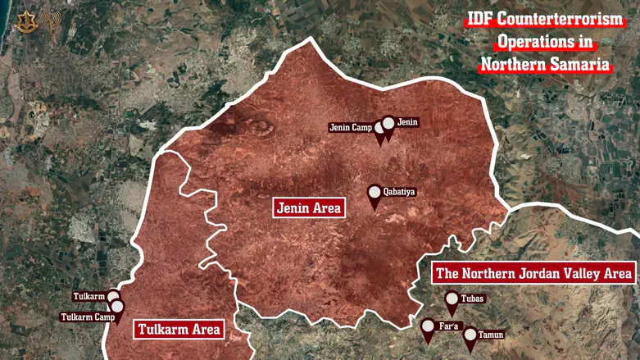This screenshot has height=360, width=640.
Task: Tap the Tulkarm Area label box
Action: tap(179, 330)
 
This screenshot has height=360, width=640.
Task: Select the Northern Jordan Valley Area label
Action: tap(533, 273)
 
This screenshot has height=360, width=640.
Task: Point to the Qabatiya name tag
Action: tap(400, 192)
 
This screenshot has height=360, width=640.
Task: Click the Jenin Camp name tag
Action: tap(351, 127)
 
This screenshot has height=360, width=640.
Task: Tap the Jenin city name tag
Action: tap(407, 122)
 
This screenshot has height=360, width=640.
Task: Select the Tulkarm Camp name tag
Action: tap(86, 317)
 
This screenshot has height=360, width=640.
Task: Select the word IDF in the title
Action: tap(484, 19)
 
